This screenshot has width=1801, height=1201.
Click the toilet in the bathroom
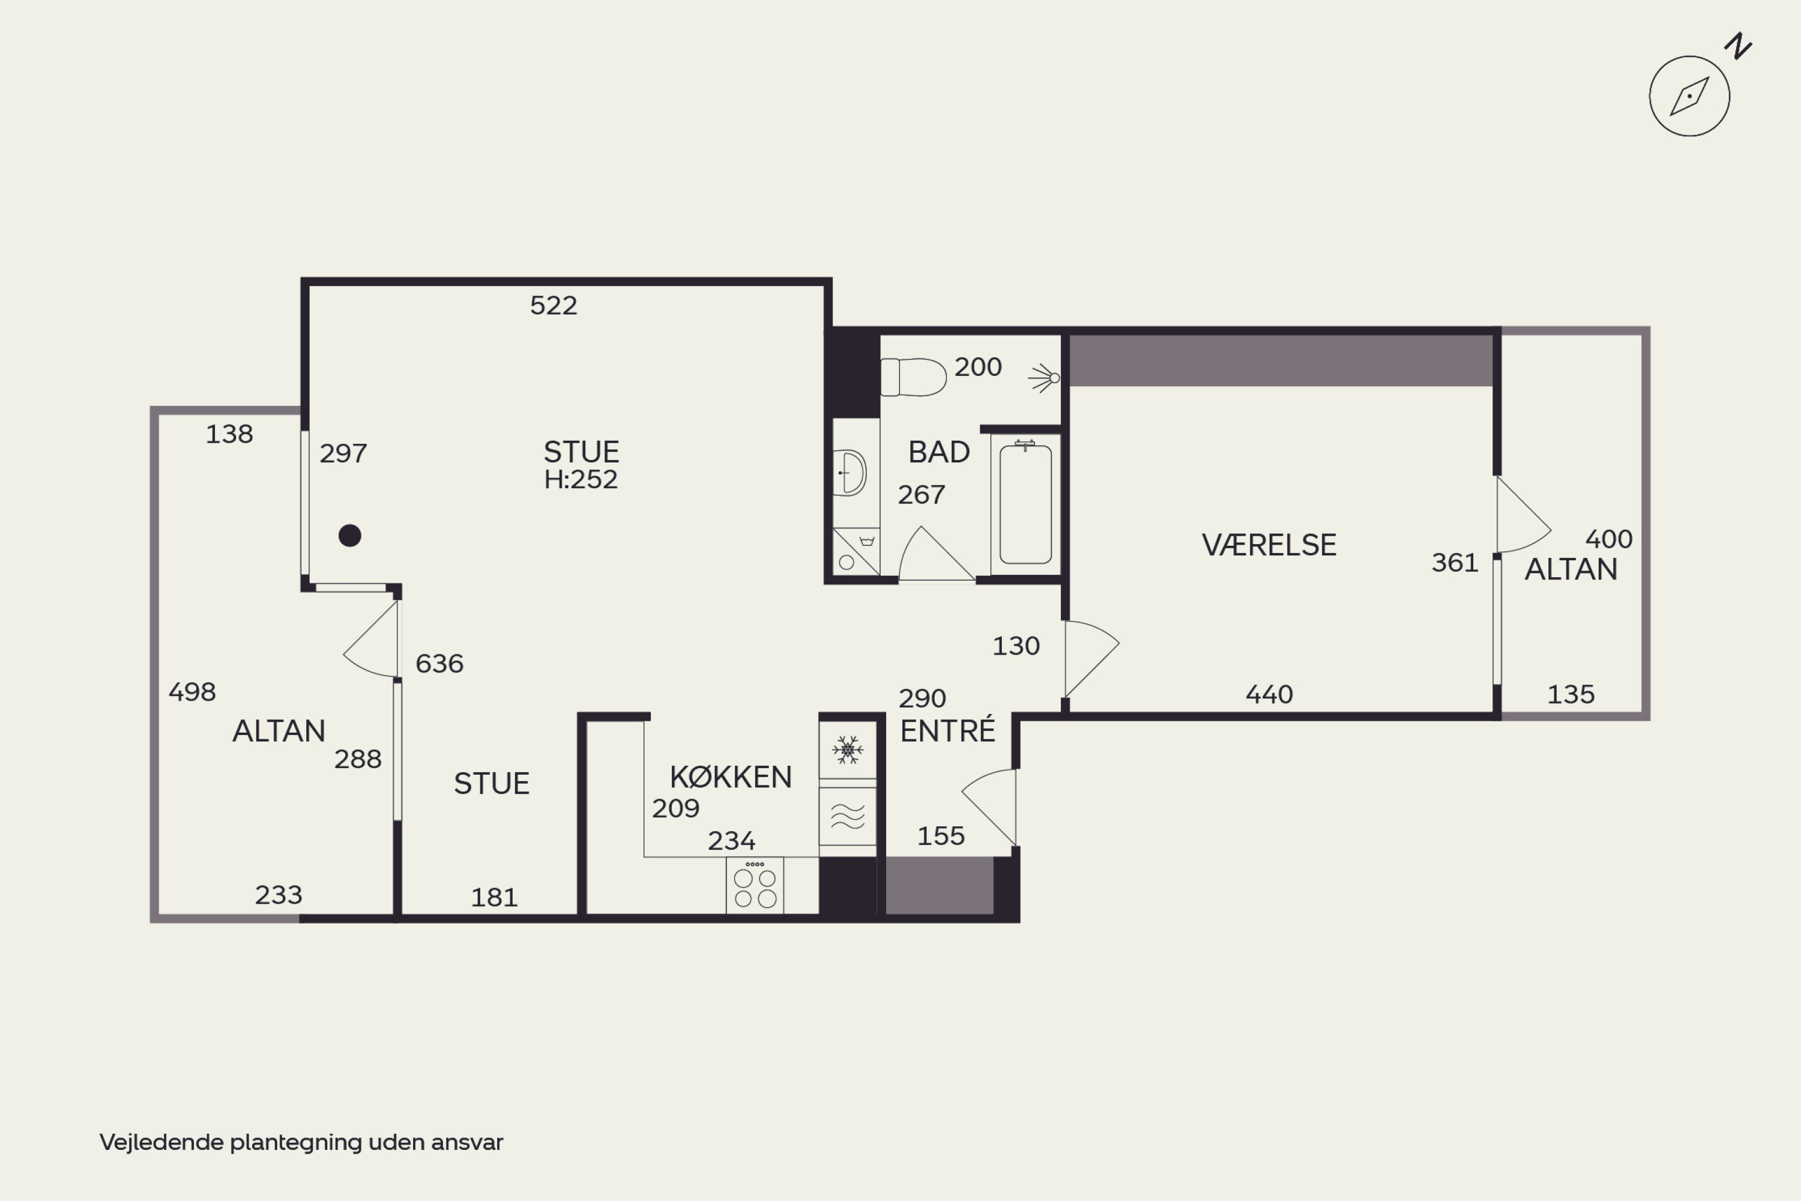pyautogui.click(x=913, y=377)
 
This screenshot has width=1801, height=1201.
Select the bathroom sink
pyautogui.click(x=849, y=473)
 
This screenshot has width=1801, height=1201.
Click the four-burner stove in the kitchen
pyautogui.click(x=755, y=885)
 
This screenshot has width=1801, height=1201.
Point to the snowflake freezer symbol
pyautogui.click(x=848, y=750)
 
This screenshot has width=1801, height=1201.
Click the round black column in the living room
pyautogui.click(x=350, y=536)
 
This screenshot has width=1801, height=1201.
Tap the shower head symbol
pyautogui.click(x=1044, y=378)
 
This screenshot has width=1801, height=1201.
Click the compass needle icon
pyautogui.click(x=1689, y=97)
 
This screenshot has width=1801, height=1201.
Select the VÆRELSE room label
pyautogui.click(x=1269, y=545)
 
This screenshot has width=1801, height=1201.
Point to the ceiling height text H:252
pyautogui.click(x=581, y=479)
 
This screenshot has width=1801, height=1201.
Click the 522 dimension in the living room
pyautogui.click(x=554, y=306)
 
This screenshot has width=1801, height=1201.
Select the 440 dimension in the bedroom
pyautogui.click(x=1269, y=695)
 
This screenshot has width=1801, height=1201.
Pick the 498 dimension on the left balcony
pyautogui.click(x=192, y=692)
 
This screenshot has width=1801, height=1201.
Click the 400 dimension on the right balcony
pyautogui.click(x=1609, y=539)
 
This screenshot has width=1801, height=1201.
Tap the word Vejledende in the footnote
pyautogui.click(x=162, y=1142)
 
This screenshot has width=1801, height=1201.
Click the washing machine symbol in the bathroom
pyautogui.click(x=856, y=551)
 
